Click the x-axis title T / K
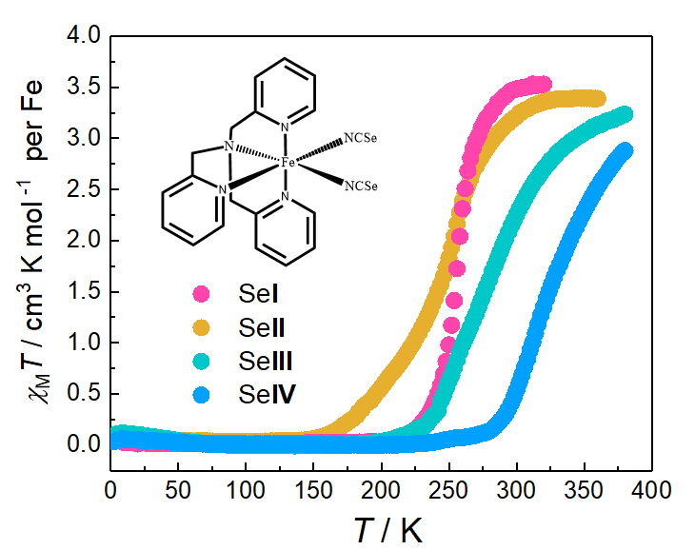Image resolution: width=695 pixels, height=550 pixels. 381,528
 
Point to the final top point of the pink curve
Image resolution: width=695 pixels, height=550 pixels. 543,85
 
